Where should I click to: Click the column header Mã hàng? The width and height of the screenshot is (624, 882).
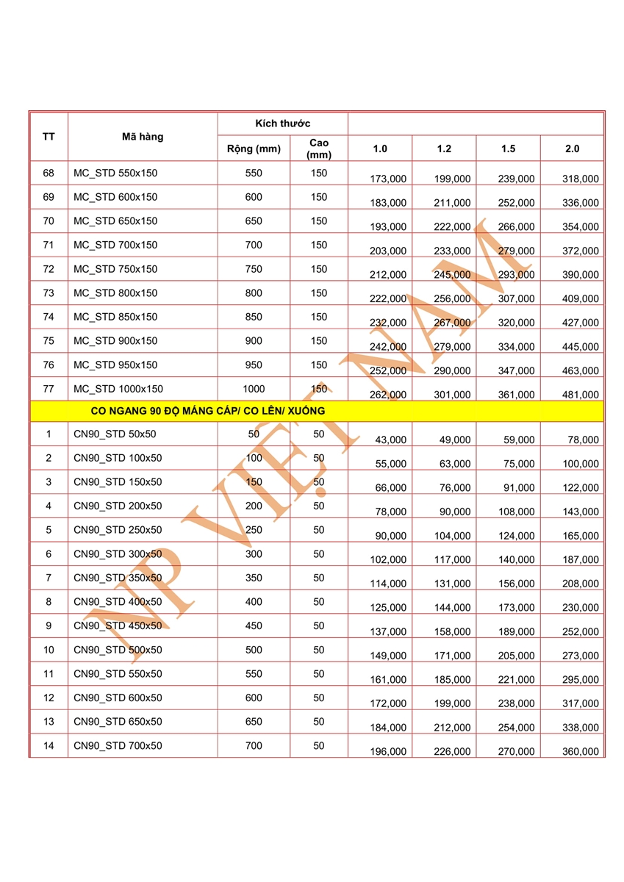pos(143,137)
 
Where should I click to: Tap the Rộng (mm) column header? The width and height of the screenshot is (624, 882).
pos(254,149)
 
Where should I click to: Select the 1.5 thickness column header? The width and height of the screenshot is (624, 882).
pos(508,149)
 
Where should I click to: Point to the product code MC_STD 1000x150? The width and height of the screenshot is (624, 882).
pos(118,389)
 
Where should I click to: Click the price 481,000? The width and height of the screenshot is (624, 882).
pos(581,395)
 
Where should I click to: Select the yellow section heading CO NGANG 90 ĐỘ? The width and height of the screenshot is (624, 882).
pos(207,411)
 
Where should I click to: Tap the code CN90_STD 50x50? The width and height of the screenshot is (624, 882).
pos(115,434)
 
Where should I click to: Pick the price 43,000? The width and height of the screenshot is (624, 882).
pos(390,440)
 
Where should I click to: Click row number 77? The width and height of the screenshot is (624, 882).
pos(49,389)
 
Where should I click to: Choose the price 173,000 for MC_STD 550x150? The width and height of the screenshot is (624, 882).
pos(388,179)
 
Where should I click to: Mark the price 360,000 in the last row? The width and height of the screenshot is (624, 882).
pos(581,752)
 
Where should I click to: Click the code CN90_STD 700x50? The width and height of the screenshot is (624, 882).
pos(118,746)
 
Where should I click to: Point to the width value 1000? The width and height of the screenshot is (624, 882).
pos(254,389)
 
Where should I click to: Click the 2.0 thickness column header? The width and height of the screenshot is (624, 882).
pos(572,149)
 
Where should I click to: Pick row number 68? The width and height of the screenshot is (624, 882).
pos(49,173)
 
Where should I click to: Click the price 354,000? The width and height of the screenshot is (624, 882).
pos(581,227)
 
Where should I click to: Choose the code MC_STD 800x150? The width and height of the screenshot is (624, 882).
pos(115,293)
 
